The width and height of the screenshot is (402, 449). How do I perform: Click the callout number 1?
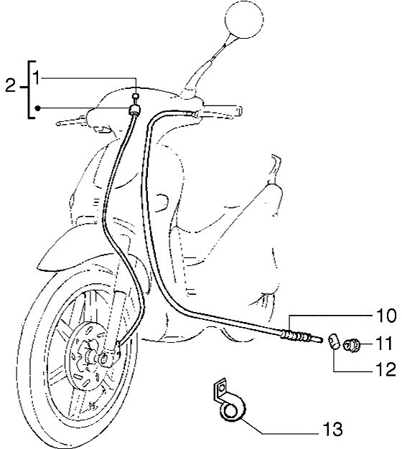(x=37, y=77)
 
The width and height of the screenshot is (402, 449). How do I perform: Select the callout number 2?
(x=10, y=85)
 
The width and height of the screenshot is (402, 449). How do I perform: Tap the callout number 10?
(x=383, y=316)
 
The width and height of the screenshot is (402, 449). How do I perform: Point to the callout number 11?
(x=383, y=343)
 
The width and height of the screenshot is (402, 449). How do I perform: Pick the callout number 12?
(x=384, y=369)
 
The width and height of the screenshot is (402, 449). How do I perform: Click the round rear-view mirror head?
(x=244, y=19)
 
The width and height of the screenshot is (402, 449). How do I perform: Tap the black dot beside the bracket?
(x=37, y=108)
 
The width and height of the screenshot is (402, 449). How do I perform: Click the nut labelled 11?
(x=351, y=344)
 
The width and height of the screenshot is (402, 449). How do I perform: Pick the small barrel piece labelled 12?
(x=334, y=341)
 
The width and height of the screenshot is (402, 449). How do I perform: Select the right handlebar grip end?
(x=239, y=110)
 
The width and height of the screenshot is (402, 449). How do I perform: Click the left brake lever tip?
(x=58, y=124)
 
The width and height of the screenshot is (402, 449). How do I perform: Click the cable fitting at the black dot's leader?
(x=135, y=110)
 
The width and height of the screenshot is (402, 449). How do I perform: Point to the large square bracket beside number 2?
(x=32, y=90)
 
